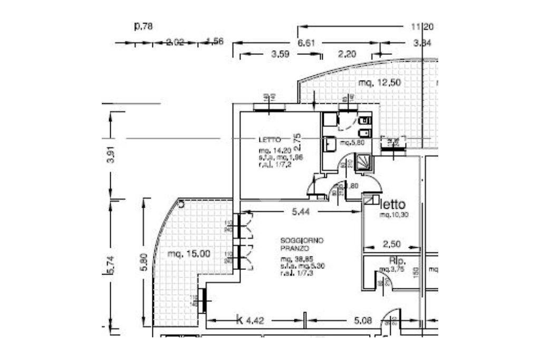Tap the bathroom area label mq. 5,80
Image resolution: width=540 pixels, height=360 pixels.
tap(352, 143)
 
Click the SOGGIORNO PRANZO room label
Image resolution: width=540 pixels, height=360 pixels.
tap(302, 244)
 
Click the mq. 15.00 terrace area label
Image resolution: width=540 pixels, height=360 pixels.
tap(189, 254)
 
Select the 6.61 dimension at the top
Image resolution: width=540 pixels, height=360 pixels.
tap(306, 43)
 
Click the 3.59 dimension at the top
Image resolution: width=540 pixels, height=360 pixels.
tap(281, 54)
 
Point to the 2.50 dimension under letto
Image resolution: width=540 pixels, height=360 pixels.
tap(391, 245)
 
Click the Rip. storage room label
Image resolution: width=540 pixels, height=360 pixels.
tap(397, 260)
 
